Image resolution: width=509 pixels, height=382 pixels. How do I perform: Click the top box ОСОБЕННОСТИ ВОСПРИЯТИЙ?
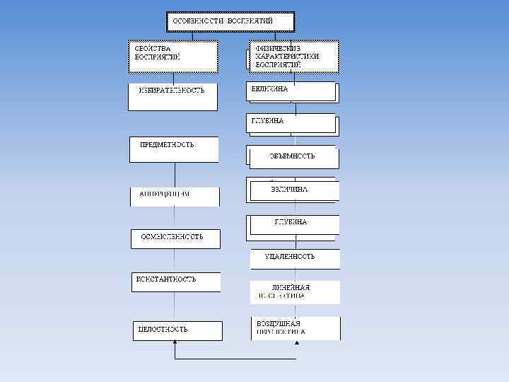(230, 22)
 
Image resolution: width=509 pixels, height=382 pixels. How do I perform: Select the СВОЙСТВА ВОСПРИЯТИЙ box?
(173, 55)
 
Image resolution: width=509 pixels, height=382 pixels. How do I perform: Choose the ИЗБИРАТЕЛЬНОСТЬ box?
(172, 97)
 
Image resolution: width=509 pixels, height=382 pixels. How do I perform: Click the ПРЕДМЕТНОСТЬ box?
(174, 149)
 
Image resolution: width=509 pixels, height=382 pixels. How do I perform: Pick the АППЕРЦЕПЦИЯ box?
(175, 196)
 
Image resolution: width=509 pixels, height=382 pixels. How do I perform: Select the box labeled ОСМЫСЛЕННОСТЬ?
(175, 238)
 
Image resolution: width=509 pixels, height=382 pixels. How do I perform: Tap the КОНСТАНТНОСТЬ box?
(176, 283)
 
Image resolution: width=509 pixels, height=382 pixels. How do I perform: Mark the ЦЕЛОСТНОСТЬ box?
(177, 330)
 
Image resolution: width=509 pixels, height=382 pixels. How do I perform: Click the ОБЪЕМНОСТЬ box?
(293, 157)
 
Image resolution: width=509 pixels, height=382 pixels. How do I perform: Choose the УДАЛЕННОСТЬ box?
(295, 258)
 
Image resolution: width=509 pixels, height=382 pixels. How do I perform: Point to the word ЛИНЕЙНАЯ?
(291, 287)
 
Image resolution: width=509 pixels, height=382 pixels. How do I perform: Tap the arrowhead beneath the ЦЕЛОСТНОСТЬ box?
(175, 344)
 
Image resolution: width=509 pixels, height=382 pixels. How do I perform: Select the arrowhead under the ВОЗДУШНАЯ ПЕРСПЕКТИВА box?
(297, 344)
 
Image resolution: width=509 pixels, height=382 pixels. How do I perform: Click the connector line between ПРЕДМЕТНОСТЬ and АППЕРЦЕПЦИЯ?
(175, 175)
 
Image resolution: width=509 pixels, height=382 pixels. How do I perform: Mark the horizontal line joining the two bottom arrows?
(236, 359)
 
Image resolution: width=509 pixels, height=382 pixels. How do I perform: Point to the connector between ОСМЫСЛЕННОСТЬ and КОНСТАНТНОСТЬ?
(175, 260)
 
